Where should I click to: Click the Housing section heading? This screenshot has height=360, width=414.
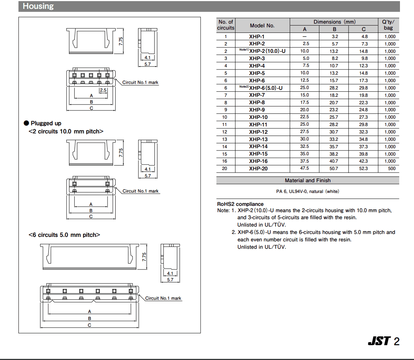38,6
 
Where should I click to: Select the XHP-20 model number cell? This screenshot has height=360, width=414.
258,169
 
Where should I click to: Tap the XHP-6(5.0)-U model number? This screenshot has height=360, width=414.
266,88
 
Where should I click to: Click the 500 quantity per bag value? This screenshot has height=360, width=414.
391,169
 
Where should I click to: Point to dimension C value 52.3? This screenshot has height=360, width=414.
363,169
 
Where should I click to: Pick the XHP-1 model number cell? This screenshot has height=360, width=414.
257,37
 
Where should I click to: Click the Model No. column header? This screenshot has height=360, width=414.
262,26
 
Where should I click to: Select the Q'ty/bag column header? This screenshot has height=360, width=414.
389,25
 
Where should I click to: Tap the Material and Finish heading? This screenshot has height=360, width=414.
308,180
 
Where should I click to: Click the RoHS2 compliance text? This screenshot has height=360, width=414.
240,204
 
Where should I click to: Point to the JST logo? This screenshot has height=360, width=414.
379,341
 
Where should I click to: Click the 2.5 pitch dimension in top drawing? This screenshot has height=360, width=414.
103,90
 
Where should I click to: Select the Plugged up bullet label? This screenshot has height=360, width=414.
46,123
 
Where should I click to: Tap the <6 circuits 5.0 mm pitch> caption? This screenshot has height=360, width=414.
64,235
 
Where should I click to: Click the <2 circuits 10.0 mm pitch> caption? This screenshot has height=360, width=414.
66,131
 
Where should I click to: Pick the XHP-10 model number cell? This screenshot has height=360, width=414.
258,117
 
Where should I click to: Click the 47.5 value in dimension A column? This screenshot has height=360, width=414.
305,169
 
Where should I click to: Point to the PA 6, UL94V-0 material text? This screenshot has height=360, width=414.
307,191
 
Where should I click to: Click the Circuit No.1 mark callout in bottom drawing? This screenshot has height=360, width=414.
163,298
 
